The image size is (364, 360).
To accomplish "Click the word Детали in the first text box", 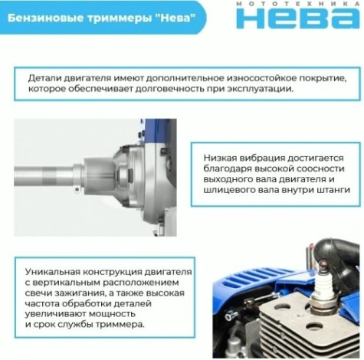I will pyautogui.click(x=45, y=78).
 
